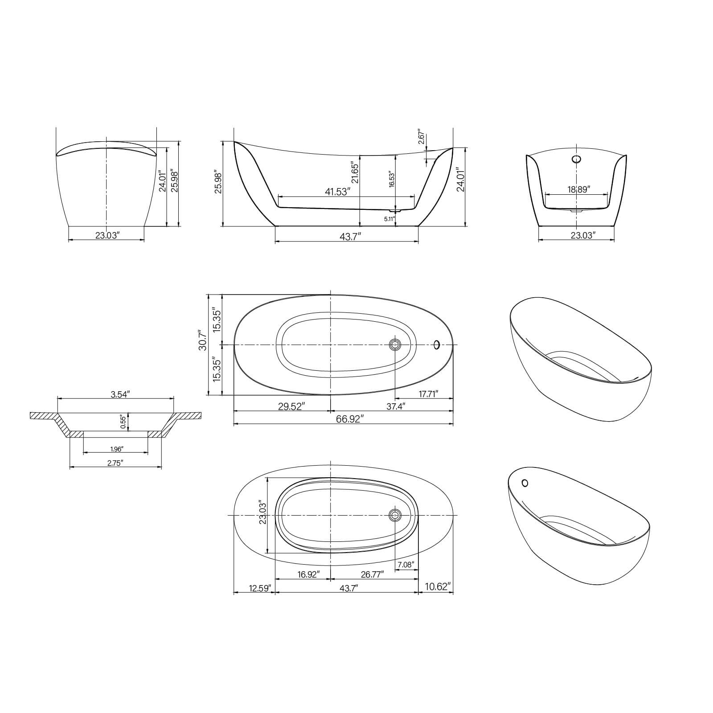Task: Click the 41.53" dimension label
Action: [337, 192]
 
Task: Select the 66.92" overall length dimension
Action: [350, 419]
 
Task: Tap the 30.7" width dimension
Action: [203, 340]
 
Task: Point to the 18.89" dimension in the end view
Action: [578, 189]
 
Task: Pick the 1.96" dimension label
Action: [116, 449]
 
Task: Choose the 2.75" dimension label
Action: [115, 463]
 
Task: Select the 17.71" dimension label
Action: [428, 393]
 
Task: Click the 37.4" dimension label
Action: [395, 406]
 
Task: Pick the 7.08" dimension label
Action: [406, 565]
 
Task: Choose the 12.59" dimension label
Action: [260, 588]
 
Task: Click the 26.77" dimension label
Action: [372, 575]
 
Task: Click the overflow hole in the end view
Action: [577, 159]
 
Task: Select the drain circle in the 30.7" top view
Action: [395, 344]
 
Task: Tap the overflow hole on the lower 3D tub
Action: [525, 483]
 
